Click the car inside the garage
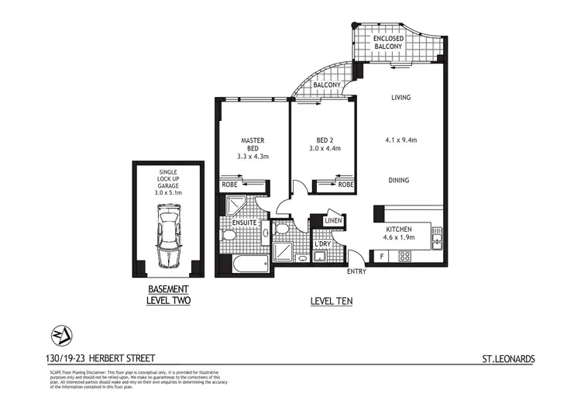[167, 236]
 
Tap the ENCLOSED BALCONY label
[388, 42]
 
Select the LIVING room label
[401, 98]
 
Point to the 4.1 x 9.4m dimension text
[401, 140]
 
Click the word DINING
[401, 180]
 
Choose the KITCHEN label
[403, 230]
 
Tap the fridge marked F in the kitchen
[381, 255]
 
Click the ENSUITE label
[245, 225]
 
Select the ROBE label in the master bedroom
[229, 185]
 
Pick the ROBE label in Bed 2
[346, 185]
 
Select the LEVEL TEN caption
[332, 300]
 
